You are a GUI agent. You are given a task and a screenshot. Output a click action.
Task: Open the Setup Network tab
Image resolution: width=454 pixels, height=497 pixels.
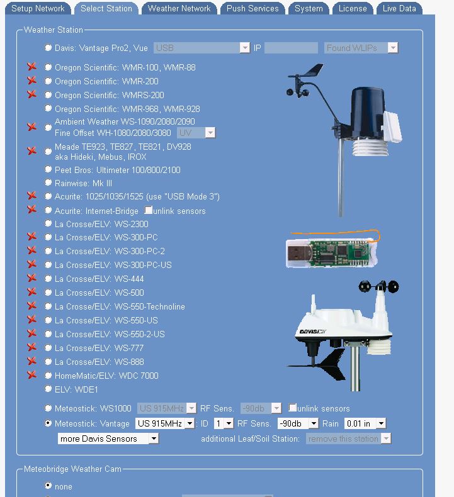pyautogui.click(x=38, y=9)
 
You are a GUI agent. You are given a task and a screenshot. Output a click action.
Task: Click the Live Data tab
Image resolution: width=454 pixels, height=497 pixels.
pyautogui.click(x=399, y=9)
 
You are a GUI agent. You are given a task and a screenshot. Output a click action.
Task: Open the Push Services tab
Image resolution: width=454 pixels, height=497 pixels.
pyautogui.click(x=253, y=9)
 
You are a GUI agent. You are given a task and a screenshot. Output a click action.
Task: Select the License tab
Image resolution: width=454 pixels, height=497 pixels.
pyautogui.click(x=353, y=9)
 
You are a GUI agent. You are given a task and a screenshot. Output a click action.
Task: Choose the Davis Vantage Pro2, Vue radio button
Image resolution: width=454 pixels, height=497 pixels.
pyautogui.click(x=48, y=48)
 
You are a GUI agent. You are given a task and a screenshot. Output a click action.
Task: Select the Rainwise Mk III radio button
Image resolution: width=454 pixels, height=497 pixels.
pyautogui.click(x=48, y=182)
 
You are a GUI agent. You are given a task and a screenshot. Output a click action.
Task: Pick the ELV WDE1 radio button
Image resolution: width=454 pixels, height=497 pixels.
pyautogui.click(x=48, y=389)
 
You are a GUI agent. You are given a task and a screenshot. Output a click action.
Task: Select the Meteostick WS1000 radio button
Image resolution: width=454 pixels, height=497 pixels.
pyautogui.click(x=48, y=408)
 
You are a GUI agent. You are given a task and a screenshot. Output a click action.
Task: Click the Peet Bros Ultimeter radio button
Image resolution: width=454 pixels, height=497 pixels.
pyautogui.click(x=48, y=169)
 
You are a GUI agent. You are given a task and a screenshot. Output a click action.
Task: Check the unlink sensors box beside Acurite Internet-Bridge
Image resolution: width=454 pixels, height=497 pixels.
pyautogui.click(x=148, y=210)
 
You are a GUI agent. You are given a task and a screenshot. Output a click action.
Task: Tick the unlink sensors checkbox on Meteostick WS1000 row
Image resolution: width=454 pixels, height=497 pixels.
pyautogui.click(x=292, y=407)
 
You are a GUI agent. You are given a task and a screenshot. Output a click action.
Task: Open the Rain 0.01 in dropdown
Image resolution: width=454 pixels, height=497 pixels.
pyautogui.click(x=365, y=423)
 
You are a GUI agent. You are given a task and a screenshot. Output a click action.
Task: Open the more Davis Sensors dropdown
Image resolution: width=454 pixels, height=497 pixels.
pyautogui.click(x=108, y=438)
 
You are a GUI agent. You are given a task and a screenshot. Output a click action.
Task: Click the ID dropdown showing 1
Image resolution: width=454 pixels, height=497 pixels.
pyautogui.click(x=224, y=423)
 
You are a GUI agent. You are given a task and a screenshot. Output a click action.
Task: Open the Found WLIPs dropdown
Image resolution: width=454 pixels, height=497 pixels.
pyautogui.click(x=361, y=48)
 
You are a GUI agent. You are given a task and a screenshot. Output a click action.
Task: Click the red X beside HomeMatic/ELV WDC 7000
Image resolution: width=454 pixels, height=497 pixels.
pyautogui.click(x=31, y=375)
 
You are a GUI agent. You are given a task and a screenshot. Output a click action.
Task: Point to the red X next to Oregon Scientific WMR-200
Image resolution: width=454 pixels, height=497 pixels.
pyautogui.click(x=31, y=81)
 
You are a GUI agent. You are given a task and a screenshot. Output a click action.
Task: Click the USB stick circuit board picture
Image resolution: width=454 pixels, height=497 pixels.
pyautogui.click(x=332, y=250)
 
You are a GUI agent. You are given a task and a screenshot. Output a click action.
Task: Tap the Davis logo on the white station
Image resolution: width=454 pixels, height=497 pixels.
pyautogui.click(x=313, y=332)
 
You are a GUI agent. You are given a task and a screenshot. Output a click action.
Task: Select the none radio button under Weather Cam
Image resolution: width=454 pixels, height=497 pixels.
pyautogui.click(x=48, y=485)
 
